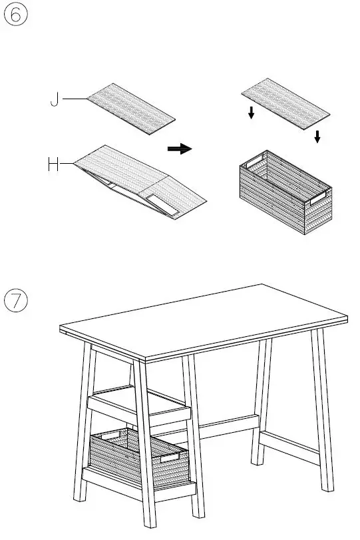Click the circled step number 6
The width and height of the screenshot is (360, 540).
(16, 15)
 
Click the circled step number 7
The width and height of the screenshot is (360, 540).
(16, 301)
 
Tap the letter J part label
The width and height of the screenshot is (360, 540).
(55, 101)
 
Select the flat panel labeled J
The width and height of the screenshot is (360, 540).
(132, 109)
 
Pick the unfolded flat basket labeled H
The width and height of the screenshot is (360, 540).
(140, 180)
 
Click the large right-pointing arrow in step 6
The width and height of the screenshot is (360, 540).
(179, 149)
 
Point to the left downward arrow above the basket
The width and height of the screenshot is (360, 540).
(251, 113)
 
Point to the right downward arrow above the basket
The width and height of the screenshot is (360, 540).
(317, 136)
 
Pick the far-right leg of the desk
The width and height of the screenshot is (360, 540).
(325, 413)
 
